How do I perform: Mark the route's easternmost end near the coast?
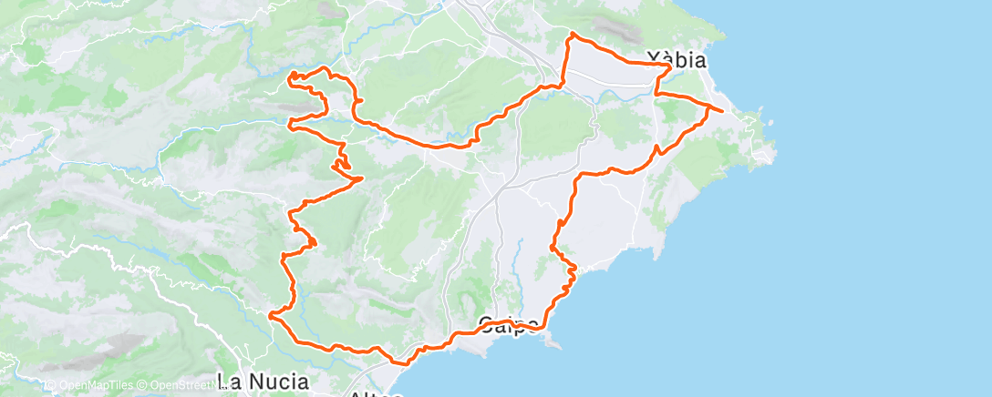tap(723, 112)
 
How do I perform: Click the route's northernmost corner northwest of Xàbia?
tap(572, 34)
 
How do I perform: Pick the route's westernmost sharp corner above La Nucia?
tap(270, 314)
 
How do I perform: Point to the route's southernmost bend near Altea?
tap(399, 361)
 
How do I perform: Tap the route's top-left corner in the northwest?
tap(293, 73)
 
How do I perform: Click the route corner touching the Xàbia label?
tap(670, 67)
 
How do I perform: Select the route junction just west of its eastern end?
tap(708, 107)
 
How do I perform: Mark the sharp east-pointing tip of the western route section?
tap(363, 178)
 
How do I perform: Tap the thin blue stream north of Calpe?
tap(519, 260)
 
